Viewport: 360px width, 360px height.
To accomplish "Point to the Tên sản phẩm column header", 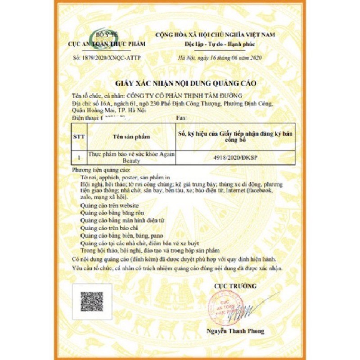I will [x=131, y=136].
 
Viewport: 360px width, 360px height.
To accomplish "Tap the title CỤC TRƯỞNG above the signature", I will [x=235, y=286].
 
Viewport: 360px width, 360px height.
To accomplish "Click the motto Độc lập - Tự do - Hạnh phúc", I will [x=214, y=44].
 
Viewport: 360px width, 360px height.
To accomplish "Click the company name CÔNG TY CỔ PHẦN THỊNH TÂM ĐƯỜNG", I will [x=184, y=95].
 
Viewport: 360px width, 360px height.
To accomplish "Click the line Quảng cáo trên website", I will [x=110, y=205].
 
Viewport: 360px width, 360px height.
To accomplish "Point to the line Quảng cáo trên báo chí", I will [x=106, y=228].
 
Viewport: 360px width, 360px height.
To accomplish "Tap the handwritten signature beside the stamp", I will [x=250, y=310].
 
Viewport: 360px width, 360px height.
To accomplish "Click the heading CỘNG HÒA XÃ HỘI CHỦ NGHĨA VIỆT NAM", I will [x=215, y=34].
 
